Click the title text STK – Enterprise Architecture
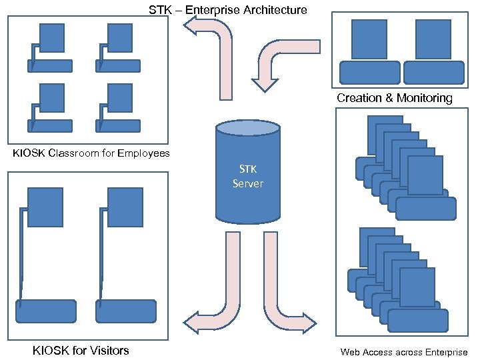(227, 10)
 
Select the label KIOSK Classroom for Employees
(91, 154)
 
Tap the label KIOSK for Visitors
(81, 351)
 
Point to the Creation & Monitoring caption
(394, 99)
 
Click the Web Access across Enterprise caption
(404, 352)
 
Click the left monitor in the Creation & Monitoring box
(369, 39)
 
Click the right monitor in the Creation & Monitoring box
(433, 39)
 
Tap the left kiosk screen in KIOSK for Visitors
(45, 206)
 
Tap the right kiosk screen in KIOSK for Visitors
(125, 206)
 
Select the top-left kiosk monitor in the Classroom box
(52, 37)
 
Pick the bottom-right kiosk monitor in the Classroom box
(119, 97)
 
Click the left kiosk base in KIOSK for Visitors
(45, 311)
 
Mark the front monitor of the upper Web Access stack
(425, 175)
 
